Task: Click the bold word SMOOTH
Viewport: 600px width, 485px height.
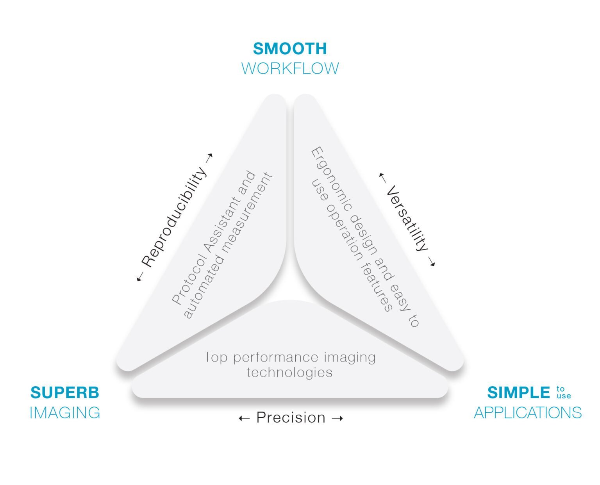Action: pyautogui.click(x=290, y=49)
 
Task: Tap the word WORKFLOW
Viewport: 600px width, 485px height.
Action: pyautogui.click(x=290, y=68)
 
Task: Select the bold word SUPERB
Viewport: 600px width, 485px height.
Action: pyautogui.click(x=65, y=392)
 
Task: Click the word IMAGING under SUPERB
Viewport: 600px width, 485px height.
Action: pyautogui.click(x=65, y=413)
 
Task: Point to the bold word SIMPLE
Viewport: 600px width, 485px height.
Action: pyautogui.click(x=519, y=392)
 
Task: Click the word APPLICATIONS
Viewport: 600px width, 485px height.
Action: pyautogui.click(x=528, y=413)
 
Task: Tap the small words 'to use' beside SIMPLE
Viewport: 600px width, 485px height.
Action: pyautogui.click(x=563, y=392)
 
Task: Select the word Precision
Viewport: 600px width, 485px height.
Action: pyautogui.click(x=291, y=418)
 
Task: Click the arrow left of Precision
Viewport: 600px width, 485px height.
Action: pyautogui.click(x=244, y=419)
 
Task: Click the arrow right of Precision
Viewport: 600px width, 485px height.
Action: pyautogui.click(x=337, y=419)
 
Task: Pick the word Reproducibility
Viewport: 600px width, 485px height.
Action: pyautogui.click(x=174, y=217)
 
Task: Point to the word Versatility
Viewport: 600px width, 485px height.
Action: pyautogui.click(x=407, y=218)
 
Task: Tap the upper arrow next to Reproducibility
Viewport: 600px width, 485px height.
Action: pyautogui.click(x=209, y=157)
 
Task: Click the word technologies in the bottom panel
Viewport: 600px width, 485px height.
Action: pyautogui.click(x=289, y=372)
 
